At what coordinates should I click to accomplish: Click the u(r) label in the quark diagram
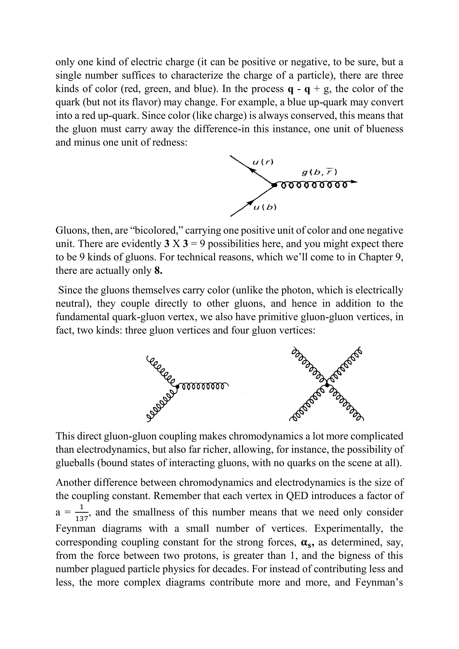point(263,162)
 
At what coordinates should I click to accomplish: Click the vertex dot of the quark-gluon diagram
point(273,185)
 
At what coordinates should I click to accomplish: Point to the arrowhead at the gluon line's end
point(354,182)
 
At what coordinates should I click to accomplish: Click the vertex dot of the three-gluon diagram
point(177,385)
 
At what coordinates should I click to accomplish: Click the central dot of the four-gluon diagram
point(327,385)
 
